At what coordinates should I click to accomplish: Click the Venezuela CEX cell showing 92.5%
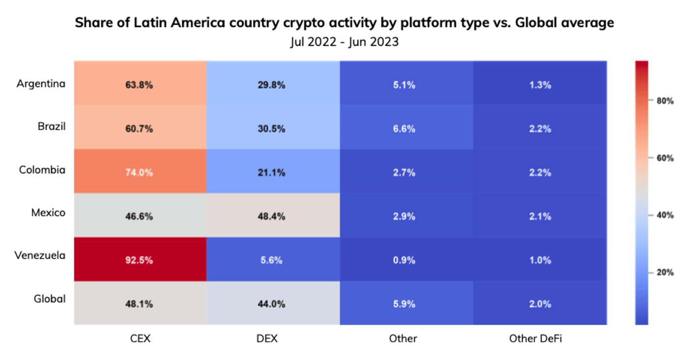[x=140, y=259]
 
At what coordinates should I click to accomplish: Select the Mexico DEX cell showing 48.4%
[x=273, y=215]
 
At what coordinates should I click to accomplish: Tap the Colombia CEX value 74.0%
[x=139, y=173]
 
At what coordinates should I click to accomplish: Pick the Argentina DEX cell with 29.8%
[x=273, y=83]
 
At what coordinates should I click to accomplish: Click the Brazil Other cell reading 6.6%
[x=406, y=127]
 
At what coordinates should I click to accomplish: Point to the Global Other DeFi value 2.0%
[x=540, y=304]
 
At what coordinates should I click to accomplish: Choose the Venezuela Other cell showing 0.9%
[x=406, y=259]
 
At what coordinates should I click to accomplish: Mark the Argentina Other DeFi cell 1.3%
[x=540, y=83]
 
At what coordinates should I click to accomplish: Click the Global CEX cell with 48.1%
[x=140, y=303]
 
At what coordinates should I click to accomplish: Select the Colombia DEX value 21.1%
[x=271, y=173]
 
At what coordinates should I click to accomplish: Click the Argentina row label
[x=41, y=84]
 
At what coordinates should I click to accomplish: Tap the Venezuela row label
[x=40, y=256]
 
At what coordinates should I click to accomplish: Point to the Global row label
[x=50, y=299]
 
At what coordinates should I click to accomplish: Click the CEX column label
[x=141, y=338]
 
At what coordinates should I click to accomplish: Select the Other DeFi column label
[x=535, y=338]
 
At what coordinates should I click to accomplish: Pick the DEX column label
[x=267, y=338]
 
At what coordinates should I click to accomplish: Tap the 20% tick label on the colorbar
[x=665, y=272]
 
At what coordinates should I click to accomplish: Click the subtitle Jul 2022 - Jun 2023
[x=345, y=42]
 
